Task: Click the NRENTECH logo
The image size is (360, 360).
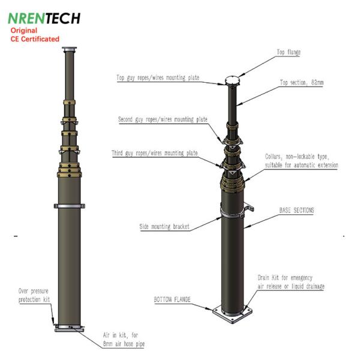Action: (x=44, y=18)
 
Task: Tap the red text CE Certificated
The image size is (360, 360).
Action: (x=35, y=39)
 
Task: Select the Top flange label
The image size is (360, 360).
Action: (x=289, y=52)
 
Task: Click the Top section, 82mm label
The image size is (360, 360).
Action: (x=302, y=82)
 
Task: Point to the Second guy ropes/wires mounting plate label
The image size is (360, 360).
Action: (x=163, y=119)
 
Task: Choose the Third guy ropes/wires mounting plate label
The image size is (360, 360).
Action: (x=155, y=153)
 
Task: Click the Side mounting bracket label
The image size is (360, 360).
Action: (x=164, y=227)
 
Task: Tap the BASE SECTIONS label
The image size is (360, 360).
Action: (x=296, y=211)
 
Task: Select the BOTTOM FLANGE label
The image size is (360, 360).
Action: (x=172, y=299)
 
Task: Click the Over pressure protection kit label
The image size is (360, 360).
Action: (x=34, y=295)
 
